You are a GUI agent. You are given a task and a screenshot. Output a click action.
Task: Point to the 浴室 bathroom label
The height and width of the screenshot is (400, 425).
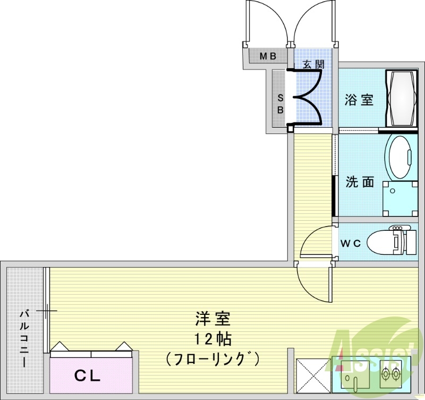pos(359,99)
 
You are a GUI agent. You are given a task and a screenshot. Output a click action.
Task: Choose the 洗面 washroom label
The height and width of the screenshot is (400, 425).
pos(360,182)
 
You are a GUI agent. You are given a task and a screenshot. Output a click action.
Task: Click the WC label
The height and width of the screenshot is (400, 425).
pos(351,244)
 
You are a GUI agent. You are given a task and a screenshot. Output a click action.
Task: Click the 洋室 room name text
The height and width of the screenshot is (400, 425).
pos(212,319)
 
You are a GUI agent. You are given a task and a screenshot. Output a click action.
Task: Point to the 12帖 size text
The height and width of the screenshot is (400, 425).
pos(212,339)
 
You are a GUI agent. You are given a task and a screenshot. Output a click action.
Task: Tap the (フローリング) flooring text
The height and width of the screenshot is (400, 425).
pos(212,359)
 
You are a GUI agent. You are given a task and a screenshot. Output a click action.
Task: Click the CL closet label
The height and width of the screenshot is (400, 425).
pos(87,376)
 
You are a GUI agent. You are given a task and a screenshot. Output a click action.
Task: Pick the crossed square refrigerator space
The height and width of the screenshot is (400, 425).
pos(313,376)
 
